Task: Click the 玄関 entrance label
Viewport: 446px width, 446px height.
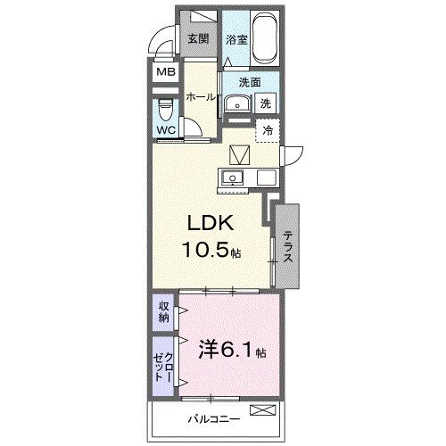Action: pos(198,38)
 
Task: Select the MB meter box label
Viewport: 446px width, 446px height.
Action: pos(167,72)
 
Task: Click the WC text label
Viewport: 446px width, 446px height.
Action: pos(167,130)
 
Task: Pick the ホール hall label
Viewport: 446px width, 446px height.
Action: pos(202,96)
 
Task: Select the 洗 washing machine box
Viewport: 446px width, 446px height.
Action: pos(266,103)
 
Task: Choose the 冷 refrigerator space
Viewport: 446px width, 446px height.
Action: pos(267,130)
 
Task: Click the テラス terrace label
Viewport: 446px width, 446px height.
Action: pos(289,245)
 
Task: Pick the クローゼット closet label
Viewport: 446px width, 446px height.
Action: pos(163,366)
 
